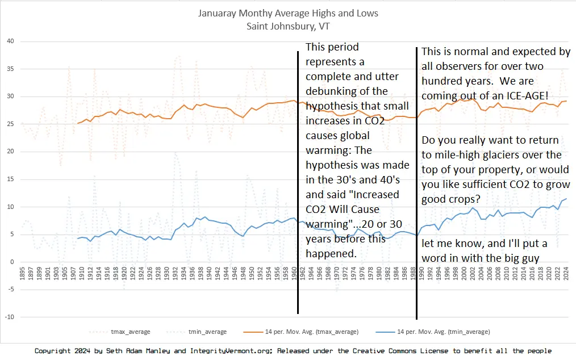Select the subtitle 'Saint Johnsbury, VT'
(288, 26)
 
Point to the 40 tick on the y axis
(10, 41)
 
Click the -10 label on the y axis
(9, 317)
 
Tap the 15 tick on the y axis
(10, 179)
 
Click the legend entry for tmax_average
(127, 332)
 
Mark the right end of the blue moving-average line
(566, 199)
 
